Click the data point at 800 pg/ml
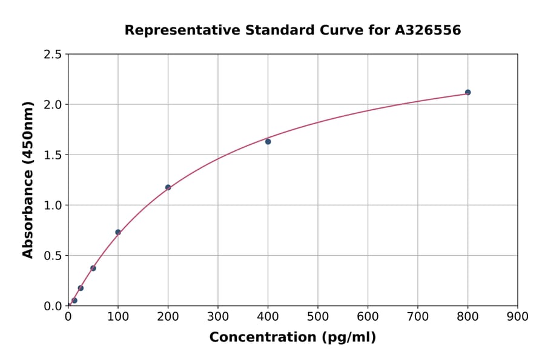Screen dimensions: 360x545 467,92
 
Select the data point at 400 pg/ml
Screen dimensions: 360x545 268,141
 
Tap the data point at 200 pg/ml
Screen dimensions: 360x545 168,187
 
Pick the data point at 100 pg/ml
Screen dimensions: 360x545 118,232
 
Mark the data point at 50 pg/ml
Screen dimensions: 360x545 93,268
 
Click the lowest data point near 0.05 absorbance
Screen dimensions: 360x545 74,300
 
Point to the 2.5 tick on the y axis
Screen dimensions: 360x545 53,55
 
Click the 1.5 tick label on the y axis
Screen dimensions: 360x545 53,155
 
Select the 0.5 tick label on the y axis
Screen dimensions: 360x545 53,256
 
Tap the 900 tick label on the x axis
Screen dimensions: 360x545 517,316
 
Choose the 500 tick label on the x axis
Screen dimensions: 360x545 317,316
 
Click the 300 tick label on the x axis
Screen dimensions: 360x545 217,316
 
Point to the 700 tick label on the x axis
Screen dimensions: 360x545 417,316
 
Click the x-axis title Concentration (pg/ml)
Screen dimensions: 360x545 292,338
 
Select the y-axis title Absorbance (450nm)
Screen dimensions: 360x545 28,179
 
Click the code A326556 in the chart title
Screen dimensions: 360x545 428,30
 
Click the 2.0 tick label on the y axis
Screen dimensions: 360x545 53,105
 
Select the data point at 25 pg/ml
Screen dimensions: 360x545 81,288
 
